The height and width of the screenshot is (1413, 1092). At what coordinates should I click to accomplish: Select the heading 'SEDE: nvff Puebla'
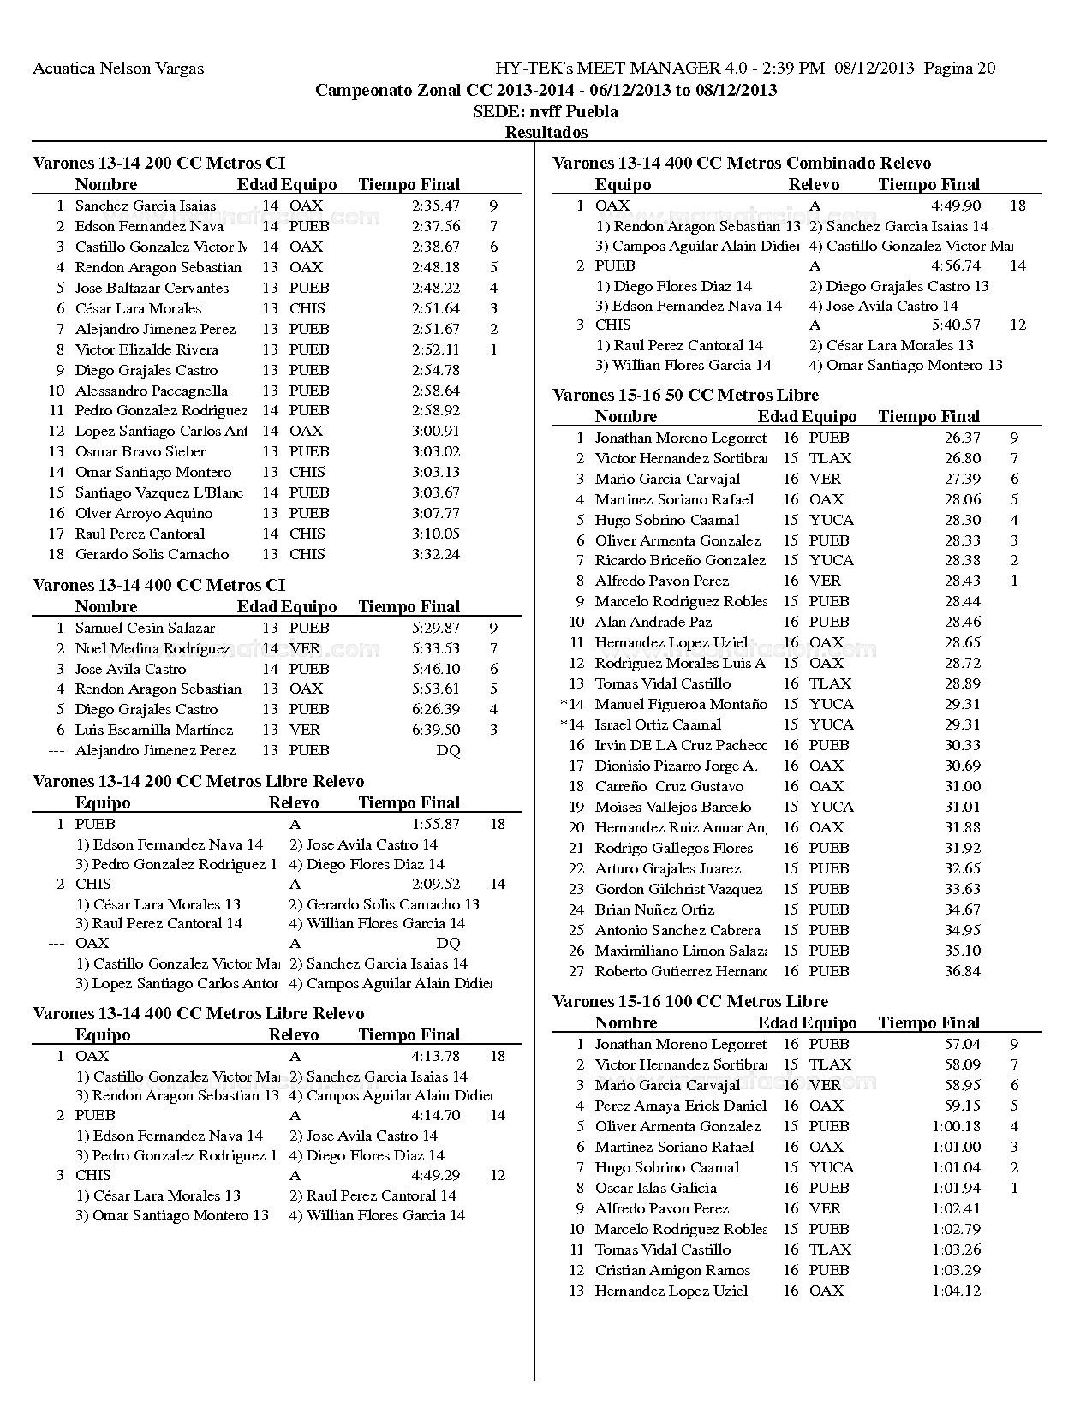[x=546, y=111]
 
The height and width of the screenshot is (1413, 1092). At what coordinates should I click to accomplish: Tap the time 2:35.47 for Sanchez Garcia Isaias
[x=435, y=206]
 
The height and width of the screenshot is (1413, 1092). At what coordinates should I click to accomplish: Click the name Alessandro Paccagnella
[x=152, y=391]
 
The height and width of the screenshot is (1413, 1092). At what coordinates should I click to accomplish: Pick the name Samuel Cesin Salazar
[x=145, y=628]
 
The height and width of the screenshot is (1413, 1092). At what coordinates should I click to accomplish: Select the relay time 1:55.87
[x=435, y=824]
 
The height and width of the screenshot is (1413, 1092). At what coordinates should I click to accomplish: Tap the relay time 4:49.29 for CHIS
[x=435, y=1175]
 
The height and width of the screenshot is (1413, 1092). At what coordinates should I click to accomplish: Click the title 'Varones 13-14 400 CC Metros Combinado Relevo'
[x=742, y=163]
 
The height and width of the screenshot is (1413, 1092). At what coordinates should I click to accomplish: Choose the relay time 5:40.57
[x=956, y=325]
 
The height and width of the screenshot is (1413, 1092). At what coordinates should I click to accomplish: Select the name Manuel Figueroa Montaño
[x=681, y=704]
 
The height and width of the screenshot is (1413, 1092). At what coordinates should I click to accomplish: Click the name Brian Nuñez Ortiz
[x=654, y=909]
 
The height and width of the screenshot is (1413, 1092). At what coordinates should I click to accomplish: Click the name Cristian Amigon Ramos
[x=672, y=1270]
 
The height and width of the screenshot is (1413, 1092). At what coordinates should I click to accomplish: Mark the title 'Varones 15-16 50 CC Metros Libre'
[x=685, y=395]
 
